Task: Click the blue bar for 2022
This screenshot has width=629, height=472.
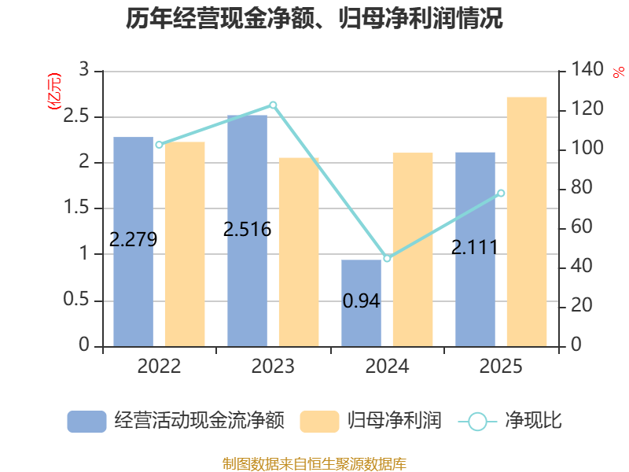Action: click(133, 242)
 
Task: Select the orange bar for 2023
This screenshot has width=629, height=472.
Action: click(299, 252)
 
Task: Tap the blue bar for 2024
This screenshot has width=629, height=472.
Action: click(361, 303)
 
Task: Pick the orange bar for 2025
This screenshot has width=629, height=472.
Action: click(527, 222)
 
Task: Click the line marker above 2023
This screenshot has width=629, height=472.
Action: click(273, 105)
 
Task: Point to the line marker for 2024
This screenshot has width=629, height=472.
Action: click(387, 259)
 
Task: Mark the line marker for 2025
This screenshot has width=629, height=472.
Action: click(501, 194)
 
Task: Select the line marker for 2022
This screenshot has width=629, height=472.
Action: click(160, 145)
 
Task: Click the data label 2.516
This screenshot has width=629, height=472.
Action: click(247, 230)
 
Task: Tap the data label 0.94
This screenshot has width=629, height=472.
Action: click(361, 301)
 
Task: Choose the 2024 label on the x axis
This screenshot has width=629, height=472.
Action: click(387, 366)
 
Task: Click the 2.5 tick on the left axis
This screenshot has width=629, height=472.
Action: click(76, 116)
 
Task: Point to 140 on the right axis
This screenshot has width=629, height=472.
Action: click(587, 69)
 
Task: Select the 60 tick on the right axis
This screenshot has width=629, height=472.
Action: click(582, 227)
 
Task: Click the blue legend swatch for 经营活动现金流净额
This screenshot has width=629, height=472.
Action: click(86, 422)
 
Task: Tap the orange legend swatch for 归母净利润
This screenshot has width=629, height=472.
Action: click(320, 422)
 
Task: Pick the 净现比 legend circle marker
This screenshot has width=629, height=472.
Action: click(477, 422)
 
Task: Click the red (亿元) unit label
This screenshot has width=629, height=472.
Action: click(54, 91)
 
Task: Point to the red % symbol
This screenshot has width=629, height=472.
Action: click(619, 72)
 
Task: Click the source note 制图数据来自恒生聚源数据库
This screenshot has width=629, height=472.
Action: click(314, 463)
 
